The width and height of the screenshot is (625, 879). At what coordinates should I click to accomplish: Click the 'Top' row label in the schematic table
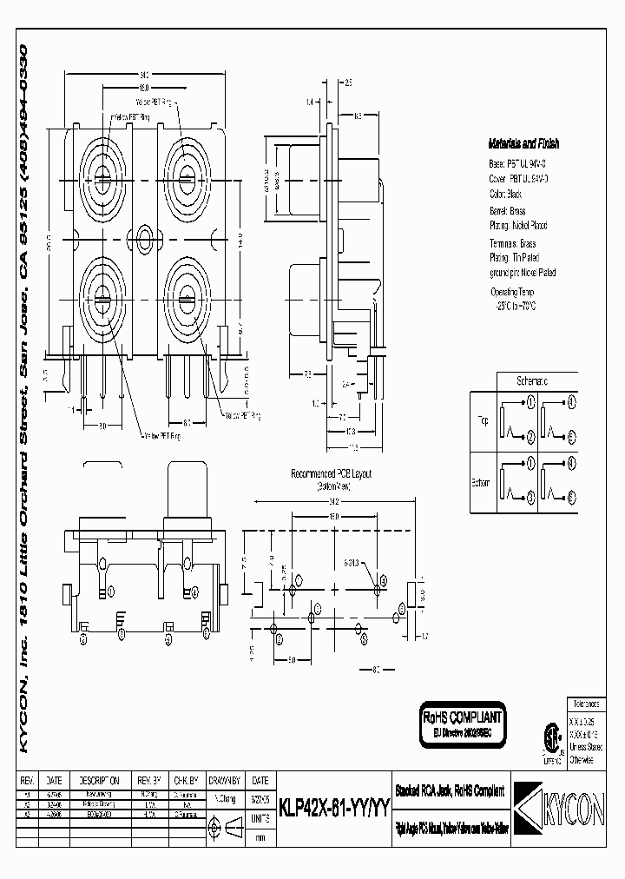pos(482,421)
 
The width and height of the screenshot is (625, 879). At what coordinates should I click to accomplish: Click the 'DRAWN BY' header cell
pos(227,781)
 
